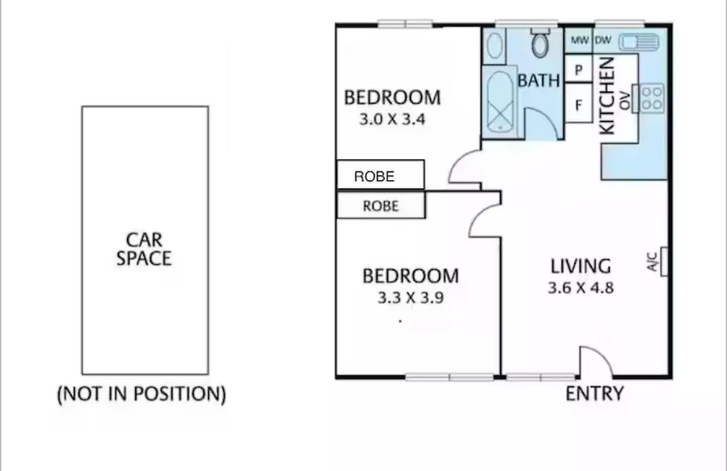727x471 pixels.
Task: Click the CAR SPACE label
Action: (x=144, y=249)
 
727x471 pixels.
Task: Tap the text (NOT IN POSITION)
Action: (x=141, y=394)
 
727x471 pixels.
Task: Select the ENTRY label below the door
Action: (x=595, y=394)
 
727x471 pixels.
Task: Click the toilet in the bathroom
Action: (x=540, y=42)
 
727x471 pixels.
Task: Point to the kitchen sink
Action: (x=639, y=42)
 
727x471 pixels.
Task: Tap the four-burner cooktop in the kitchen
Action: (x=652, y=98)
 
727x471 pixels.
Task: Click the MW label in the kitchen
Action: (x=580, y=40)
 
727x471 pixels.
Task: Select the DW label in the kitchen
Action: (x=602, y=40)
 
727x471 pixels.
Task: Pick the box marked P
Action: (x=579, y=69)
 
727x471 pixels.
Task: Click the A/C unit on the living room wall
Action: (x=664, y=262)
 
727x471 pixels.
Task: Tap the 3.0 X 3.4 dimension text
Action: (x=392, y=119)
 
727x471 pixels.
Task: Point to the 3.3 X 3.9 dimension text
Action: (x=411, y=297)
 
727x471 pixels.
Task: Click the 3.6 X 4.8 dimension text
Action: (x=580, y=287)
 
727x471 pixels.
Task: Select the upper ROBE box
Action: (x=380, y=175)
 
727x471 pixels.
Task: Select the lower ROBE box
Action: (x=380, y=205)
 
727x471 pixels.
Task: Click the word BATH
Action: (x=539, y=81)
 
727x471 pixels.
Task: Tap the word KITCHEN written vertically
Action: (x=607, y=96)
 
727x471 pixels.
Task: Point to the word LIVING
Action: (x=580, y=266)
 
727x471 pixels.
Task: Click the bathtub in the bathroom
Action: (x=499, y=102)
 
